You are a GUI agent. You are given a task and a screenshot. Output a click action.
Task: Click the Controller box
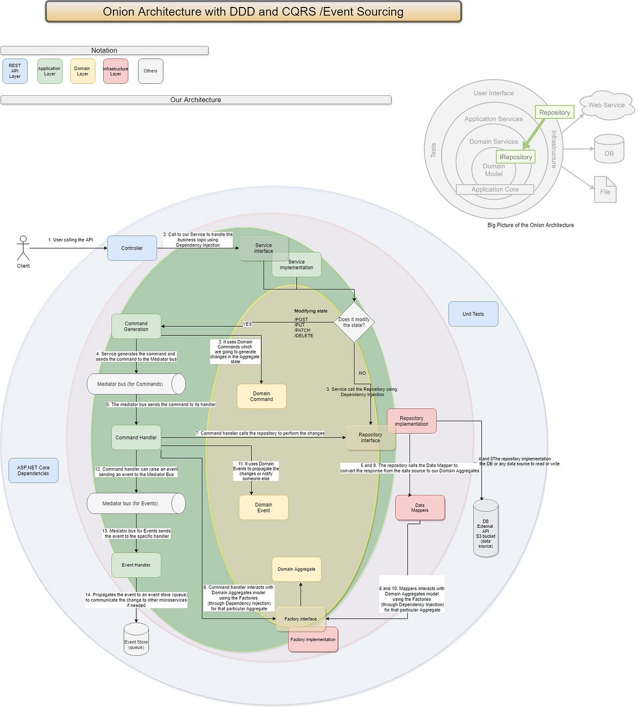132,248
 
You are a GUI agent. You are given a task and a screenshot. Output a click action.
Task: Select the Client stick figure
23,248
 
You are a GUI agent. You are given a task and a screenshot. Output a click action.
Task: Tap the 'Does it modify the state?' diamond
354,322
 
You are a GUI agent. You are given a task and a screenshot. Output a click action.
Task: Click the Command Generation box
136,326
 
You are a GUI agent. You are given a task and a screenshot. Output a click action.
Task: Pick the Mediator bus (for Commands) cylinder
136,384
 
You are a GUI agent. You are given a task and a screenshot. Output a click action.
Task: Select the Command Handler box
136,437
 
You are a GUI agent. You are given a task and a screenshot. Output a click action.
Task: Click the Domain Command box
261,396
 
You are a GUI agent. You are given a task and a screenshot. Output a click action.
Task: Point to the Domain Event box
264,508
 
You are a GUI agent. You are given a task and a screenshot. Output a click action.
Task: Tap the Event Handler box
136,565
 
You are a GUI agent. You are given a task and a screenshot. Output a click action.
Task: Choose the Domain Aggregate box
297,569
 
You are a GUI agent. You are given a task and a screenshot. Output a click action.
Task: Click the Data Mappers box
420,508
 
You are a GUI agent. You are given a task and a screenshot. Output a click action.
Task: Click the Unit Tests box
473,314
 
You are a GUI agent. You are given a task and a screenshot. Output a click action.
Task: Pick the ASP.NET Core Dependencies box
33,470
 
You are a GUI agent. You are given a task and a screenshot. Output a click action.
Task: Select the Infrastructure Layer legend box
116,71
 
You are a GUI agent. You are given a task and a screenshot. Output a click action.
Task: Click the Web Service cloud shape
607,105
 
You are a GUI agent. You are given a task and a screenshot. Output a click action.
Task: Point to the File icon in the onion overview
605,190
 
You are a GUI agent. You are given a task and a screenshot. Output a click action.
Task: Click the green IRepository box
515,157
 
